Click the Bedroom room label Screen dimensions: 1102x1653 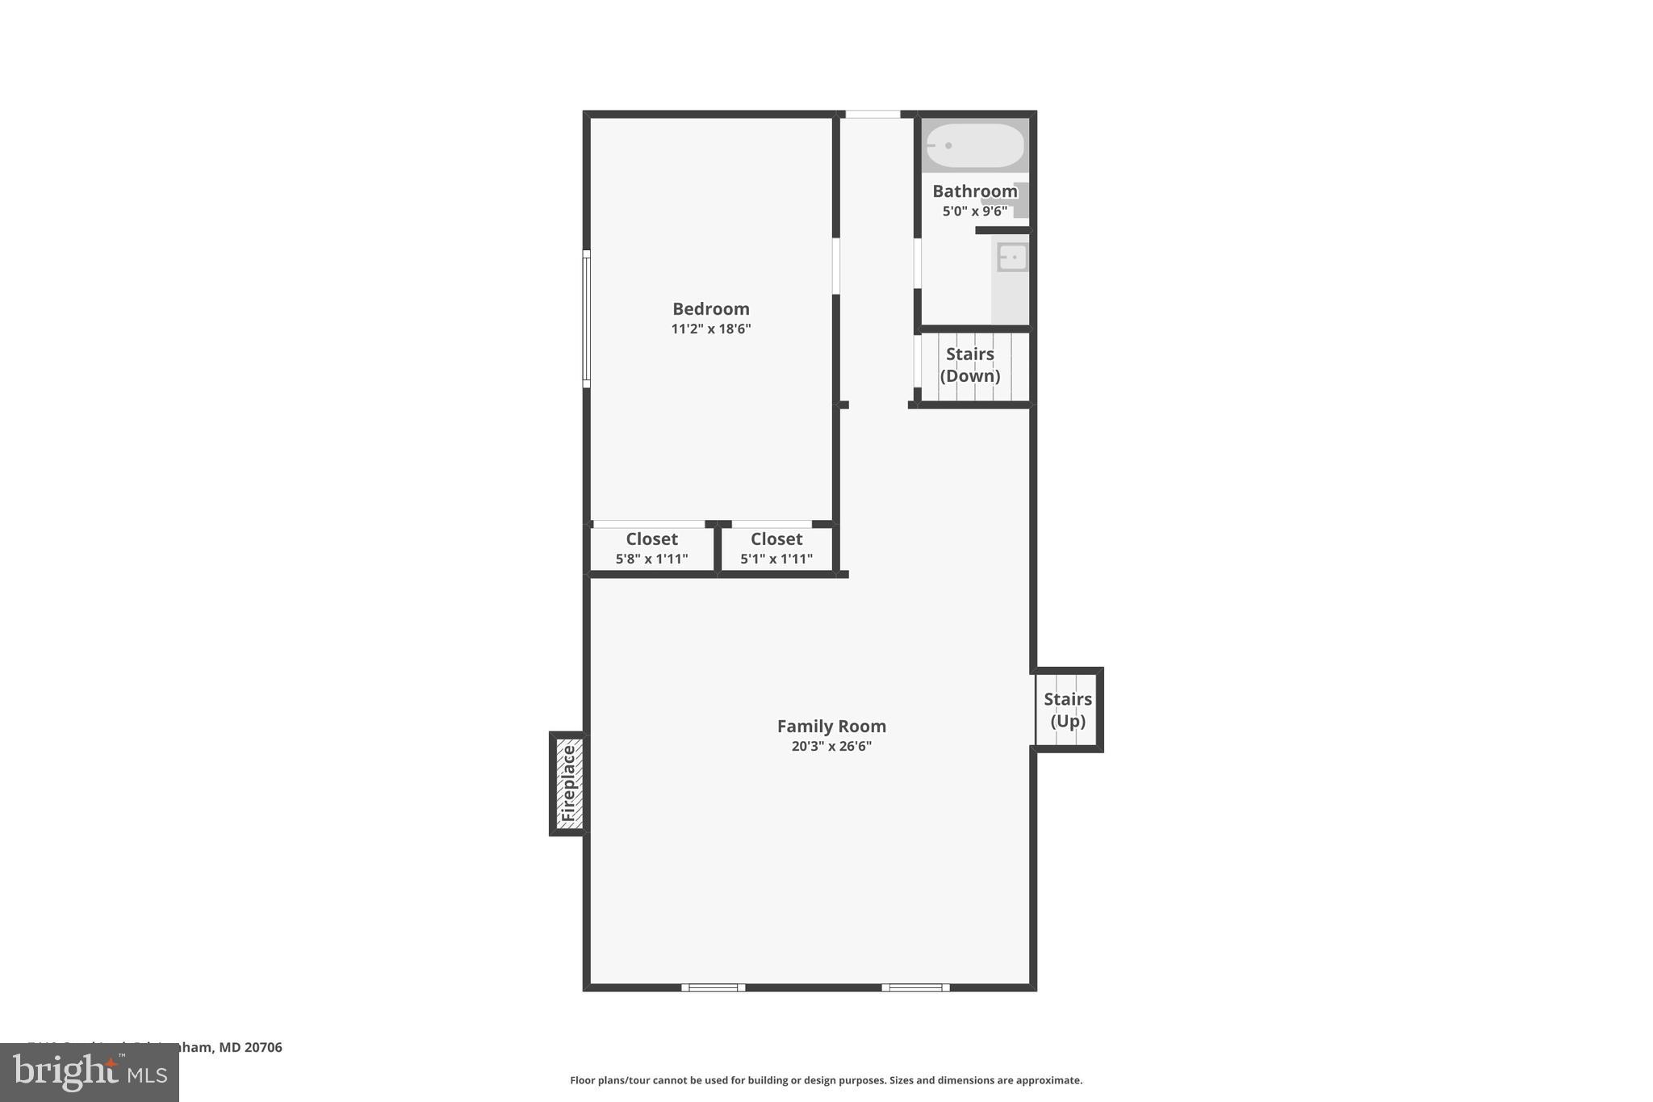pos(710,309)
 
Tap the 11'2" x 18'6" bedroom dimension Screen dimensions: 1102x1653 pos(710,329)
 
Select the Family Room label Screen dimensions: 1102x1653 pos(831,727)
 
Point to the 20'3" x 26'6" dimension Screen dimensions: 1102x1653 pos(831,747)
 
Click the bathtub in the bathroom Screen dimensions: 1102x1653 pos(974,146)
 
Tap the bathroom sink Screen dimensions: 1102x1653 pos(1012,258)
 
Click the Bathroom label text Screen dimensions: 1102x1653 pos(974,191)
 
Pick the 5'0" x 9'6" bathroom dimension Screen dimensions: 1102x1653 pos(974,212)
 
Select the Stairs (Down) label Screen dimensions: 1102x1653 pos(969,365)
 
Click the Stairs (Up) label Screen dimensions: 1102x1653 pos(1067,710)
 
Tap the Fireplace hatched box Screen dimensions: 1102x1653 pos(569,783)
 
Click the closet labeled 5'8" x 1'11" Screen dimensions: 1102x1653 pos(651,549)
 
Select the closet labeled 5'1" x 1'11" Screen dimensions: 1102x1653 pos(776,549)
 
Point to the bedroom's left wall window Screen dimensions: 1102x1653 pos(587,319)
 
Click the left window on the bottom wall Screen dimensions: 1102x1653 pos(713,987)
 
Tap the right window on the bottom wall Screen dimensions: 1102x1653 pos(915,987)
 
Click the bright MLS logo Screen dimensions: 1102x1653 pos(89,1073)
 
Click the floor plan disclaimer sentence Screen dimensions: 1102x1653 pos(826,1080)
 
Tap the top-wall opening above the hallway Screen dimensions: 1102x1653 pos(873,115)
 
